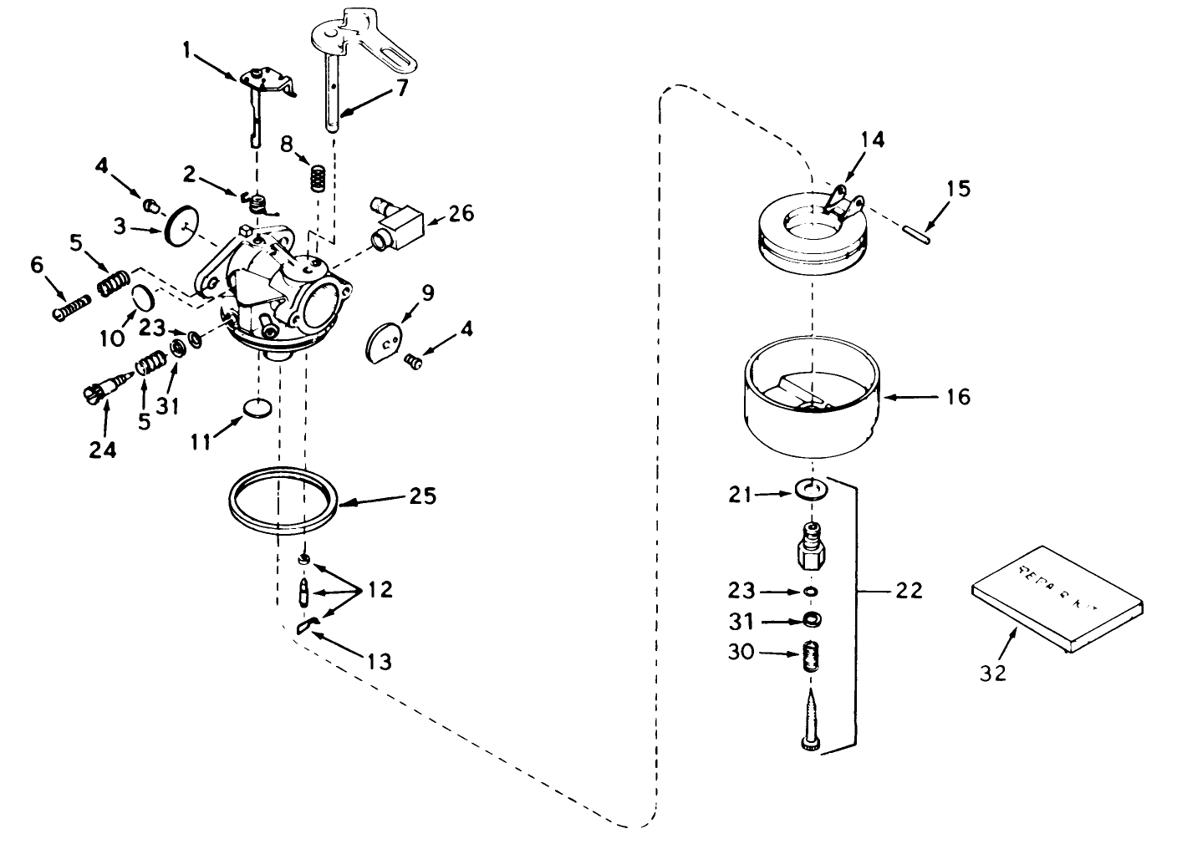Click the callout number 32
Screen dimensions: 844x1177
point(993,673)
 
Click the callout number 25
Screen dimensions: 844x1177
point(423,496)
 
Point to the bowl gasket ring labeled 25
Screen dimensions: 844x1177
point(284,504)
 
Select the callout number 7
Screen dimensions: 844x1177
point(402,88)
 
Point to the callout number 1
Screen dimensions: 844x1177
point(188,52)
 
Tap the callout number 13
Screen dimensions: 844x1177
point(379,663)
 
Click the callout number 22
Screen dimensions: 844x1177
point(907,591)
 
